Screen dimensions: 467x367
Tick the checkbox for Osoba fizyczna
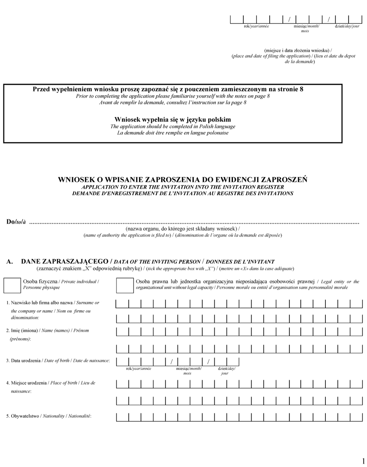12,284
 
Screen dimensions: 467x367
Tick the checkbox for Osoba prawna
125,284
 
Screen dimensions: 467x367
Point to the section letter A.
9,262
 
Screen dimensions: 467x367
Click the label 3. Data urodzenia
58,361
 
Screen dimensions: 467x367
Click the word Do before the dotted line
11,223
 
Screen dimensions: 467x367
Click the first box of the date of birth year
122,361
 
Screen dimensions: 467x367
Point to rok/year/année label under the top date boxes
256,26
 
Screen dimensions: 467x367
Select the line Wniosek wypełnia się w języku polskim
172,119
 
